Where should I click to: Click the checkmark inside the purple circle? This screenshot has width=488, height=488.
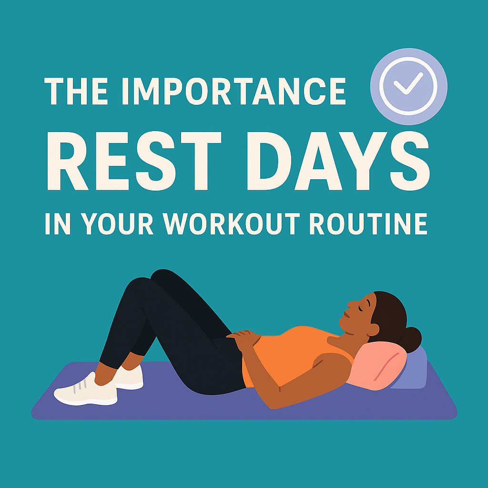pyautogui.click(x=408, y=84)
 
